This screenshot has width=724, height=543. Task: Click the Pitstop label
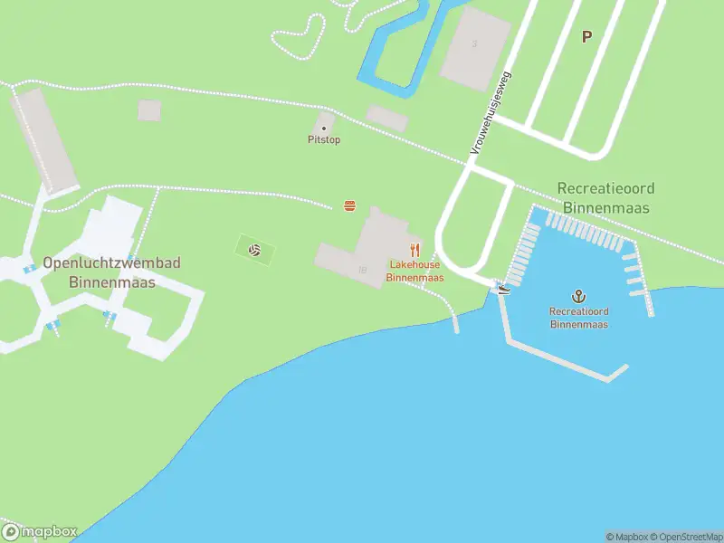[x=324, y=140]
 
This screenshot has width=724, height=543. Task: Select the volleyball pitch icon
[x=255, y=250]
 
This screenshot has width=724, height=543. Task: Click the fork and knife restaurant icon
[x=415, y=250]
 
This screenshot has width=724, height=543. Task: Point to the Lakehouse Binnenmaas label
[x=415, y=271]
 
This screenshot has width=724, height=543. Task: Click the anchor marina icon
[x=578, y=296]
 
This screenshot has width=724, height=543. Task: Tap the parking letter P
[x=586, y=37]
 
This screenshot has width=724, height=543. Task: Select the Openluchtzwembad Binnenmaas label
[x=112, y=272]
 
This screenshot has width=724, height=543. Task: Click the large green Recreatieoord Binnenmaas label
[x=605, y=197]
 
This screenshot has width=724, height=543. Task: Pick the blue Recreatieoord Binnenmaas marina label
[x=578, y=318]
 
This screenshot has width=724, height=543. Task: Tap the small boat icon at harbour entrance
[x=503, y=289]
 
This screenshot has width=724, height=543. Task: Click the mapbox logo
[x=40, y=531]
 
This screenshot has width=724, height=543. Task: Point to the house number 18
[x=363, y=270]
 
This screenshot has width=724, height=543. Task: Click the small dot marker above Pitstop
[x=324, y=129]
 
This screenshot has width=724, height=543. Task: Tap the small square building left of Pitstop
[x=149, y=110]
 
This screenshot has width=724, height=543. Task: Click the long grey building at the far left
[x=43, y=140]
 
